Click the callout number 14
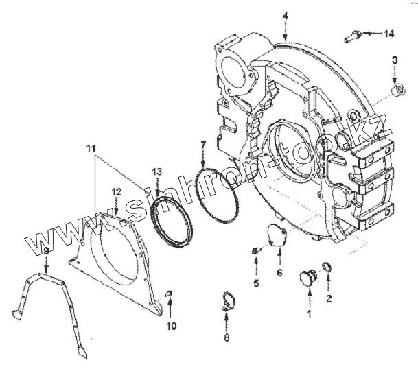[389, 33]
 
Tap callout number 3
[395, 61]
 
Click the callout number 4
[285, 15]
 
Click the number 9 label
[46, 252]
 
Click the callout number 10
[171, 326]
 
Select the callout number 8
[227, 337]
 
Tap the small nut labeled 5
[255, 252]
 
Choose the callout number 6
[279, 272]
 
